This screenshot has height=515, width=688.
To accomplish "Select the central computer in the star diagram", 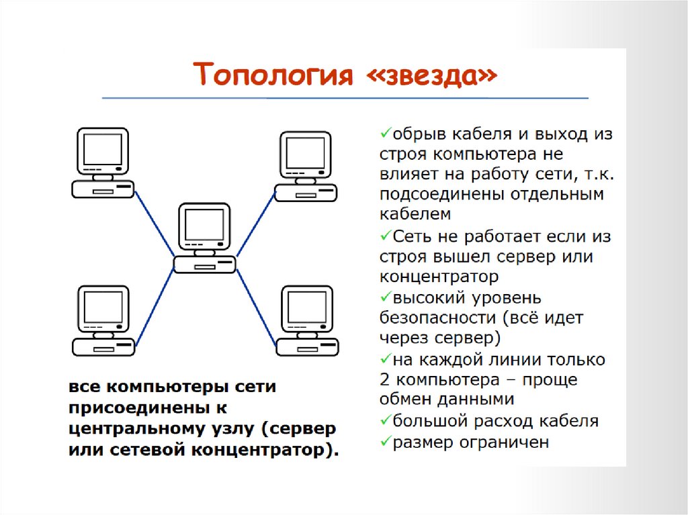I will click(x=204, y=238).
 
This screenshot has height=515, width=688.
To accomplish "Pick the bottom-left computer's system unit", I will click(x=103, y=346).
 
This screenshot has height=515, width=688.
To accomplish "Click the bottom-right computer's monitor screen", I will click(x=306, y=308).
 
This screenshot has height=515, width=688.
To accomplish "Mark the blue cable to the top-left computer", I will click(x=155, y=224).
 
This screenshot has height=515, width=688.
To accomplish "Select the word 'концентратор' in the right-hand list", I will click(x=439, y=276).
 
